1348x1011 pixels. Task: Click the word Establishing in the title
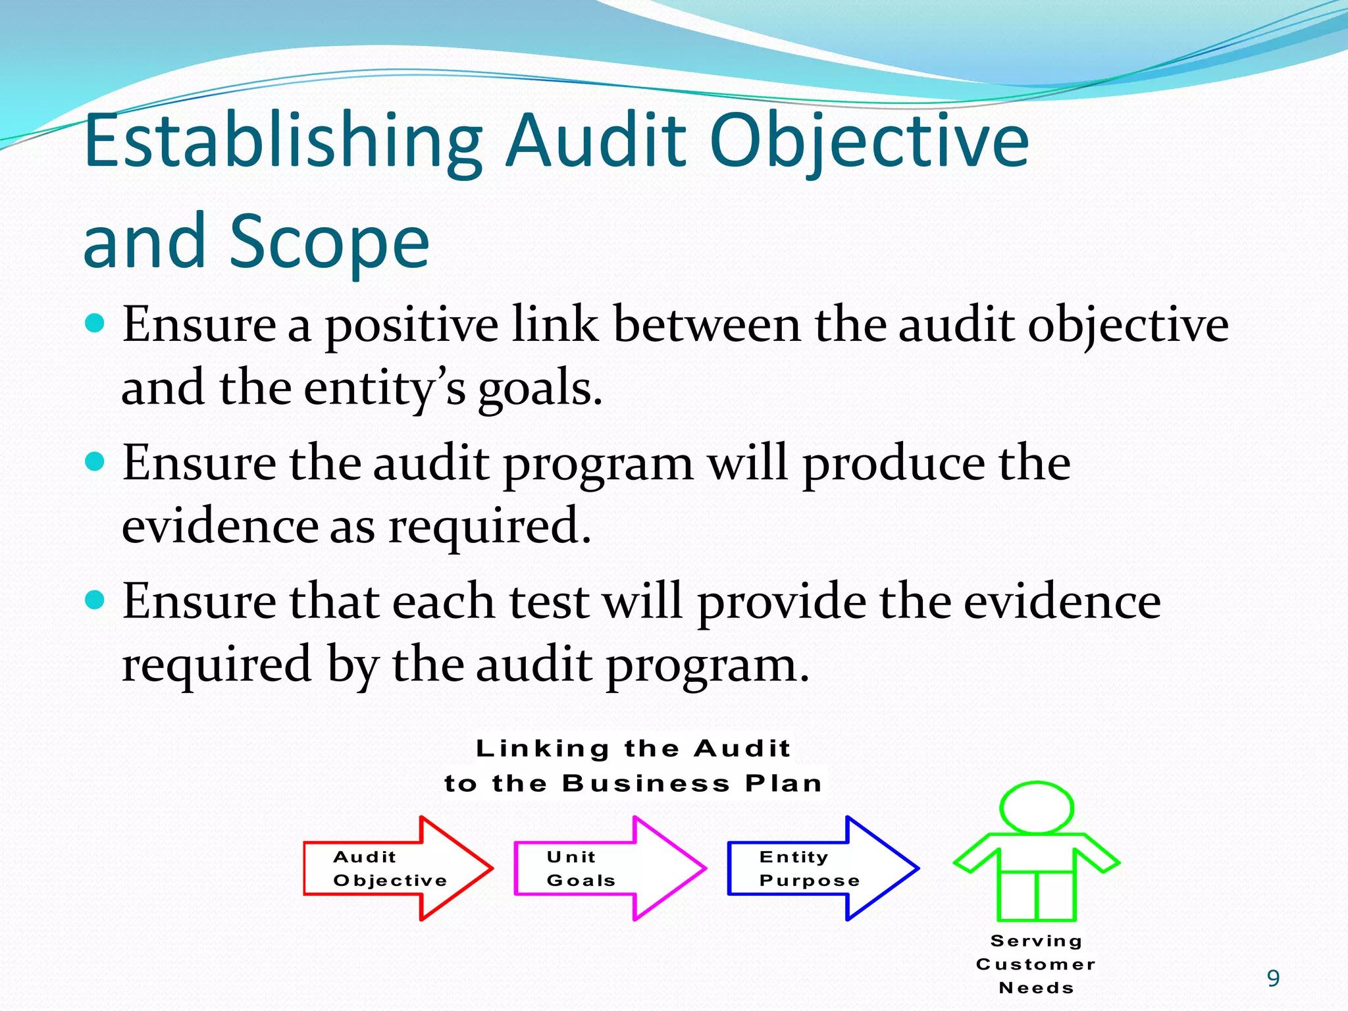[283, 142]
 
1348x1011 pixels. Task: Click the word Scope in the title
[329, 242]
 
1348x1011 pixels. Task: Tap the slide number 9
[1273, 979]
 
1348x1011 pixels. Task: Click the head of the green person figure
[1037, 808]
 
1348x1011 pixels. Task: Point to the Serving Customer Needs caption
[1036, 964]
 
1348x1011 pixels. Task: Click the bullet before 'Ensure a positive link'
[95, 324]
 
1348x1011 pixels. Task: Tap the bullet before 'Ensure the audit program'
[95, 462]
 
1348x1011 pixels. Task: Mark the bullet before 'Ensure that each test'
[95, 600]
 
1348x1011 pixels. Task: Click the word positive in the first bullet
[412, 325]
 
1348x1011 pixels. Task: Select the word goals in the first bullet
[540, 388]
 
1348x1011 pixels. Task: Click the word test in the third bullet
[549, 602]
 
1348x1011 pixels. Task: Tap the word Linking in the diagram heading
[542, 748]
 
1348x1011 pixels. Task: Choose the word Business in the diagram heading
[646, 783]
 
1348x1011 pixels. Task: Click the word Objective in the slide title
[869, 142]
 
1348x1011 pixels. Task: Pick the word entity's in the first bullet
[385, 388]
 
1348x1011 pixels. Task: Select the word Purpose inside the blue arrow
[810, 881]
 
